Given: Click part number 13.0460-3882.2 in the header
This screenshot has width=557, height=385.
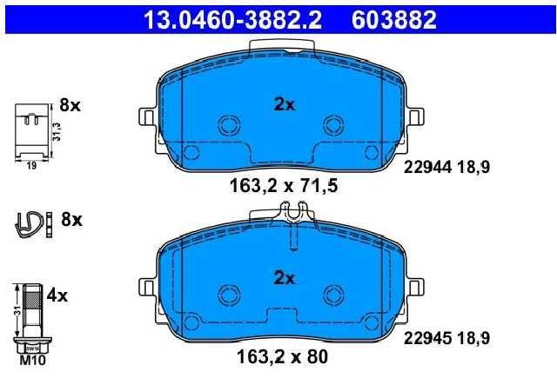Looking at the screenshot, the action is pyautogui.click(x=232, y=19).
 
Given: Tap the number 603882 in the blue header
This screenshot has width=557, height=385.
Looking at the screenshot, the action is pyautogui.click(x=394, y=19).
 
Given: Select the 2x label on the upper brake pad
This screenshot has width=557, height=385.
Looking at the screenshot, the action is pyautogui.click(x=285, y=104).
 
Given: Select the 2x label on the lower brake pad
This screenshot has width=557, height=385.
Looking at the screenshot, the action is pyautogui.click(x=285, y=278).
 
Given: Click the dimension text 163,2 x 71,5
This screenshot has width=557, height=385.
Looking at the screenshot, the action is pyautogui.click(x=284, y=186).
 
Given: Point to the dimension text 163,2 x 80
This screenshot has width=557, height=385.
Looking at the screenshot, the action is pyautogui.click(x=282, y=356).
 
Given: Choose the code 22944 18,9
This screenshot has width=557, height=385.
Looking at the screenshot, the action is pyautogui.click(x=446, y=167).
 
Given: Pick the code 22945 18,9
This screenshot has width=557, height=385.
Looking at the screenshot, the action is pyautogui.click(x=446, y=338).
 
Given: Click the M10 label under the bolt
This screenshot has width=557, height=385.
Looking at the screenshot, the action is pyautogui.click(x=32, y=361).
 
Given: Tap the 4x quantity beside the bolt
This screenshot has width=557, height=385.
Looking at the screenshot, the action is pyautogui.click(x=57, y=295).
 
